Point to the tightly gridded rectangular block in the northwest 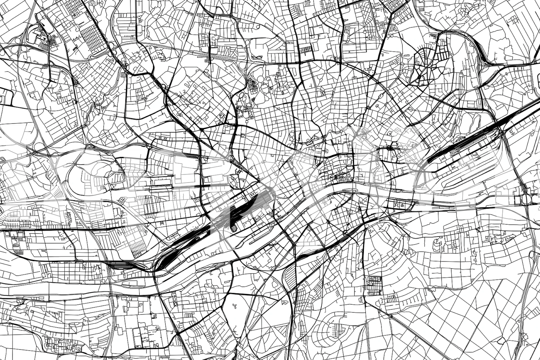click(x=93, y=39)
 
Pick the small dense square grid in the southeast click(x=374, y=285)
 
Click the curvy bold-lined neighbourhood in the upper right click(x=422, y=67)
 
